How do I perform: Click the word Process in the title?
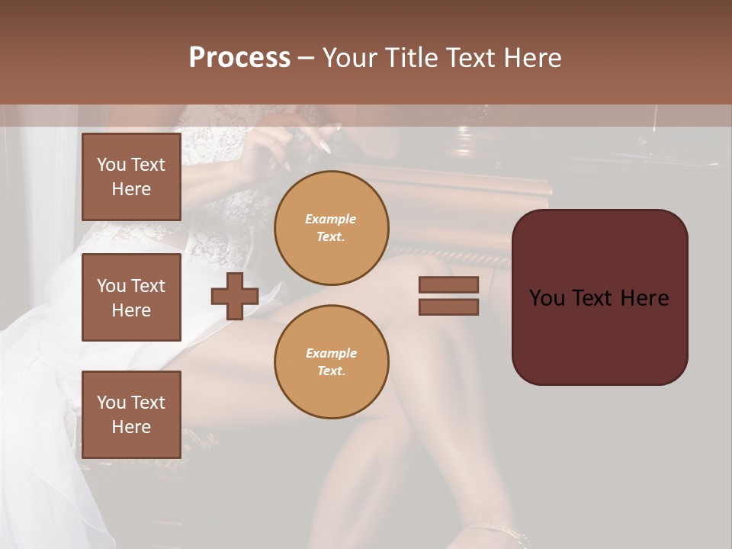pyautogui.click(x=239, y=58)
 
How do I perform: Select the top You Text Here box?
pyautogui.click(x=131, y=177)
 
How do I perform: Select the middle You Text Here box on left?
pyautogui.click(x=131, y=297)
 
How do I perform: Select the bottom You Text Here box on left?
pyautogui.click(x=131, y=414)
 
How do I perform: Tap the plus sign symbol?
pyautogui.click(x=235, y=297)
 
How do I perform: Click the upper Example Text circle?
pyautogui.click(x=332, y=227)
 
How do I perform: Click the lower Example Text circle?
pyautogui.click(x=332, y=361)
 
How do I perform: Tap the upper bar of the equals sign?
pyautogui.click(x=448, y=285)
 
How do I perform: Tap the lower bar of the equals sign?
pyautogui.click(x=448, y=307)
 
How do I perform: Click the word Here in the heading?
pyautogui.click(x=531, y=58)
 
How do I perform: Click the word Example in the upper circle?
pyautogui.click(x=331, y=219)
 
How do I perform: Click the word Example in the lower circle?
pyautogui.click(x=331, y=353)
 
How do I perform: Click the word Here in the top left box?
pyautogui.click(x=131, y=189)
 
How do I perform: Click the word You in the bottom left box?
pyautogui.click(x=111, y=403)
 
